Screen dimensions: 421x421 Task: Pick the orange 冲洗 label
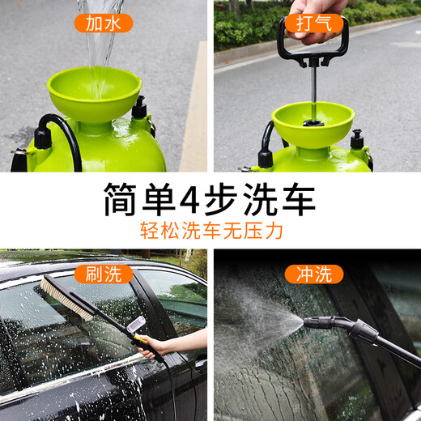[x=313, y=274]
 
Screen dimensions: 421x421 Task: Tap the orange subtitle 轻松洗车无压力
[x=210, y=232]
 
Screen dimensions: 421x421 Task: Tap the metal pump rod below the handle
[x=313, y=89]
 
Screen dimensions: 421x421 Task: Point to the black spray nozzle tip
[x=309, y=322]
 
